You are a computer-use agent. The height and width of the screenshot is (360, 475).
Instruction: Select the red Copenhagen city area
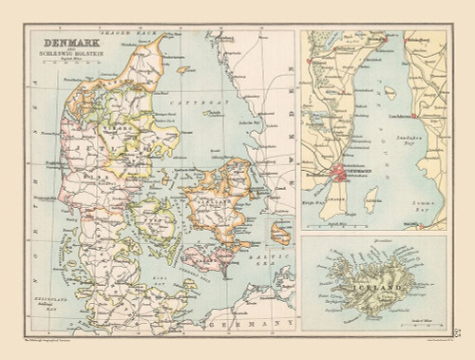click(345, 171)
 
